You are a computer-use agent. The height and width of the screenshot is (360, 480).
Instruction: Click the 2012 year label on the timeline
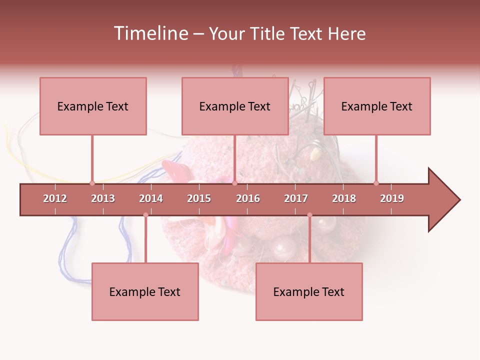(55, 198)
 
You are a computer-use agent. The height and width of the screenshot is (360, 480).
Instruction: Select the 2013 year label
(103, 198)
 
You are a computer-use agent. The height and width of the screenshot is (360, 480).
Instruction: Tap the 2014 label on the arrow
(151, 198)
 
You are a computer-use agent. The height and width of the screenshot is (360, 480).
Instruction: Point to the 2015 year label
(199, 198)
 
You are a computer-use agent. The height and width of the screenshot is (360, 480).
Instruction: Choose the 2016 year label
(248, 198)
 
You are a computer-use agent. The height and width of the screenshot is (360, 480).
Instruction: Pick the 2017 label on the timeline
(296, 198)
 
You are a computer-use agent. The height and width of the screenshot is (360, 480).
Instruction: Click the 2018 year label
(344, 198)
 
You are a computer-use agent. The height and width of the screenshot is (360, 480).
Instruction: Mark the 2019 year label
(392, 198)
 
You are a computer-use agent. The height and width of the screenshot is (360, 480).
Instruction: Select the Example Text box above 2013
(93, 106)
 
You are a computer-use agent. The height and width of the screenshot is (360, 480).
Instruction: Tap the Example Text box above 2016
(235, 106)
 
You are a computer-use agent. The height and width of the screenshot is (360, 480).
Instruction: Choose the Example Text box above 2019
(377, 106)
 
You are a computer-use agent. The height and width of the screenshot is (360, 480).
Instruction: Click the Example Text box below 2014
(145, 291)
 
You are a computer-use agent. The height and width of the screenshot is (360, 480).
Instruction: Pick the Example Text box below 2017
(309, 291)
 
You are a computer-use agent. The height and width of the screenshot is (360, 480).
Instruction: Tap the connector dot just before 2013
(92, 183)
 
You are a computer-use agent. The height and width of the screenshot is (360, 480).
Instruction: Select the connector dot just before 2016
(234, 183)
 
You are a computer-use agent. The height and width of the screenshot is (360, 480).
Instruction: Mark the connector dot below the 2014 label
(145, 215)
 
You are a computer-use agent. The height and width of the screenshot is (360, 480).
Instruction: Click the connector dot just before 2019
(376, 183)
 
